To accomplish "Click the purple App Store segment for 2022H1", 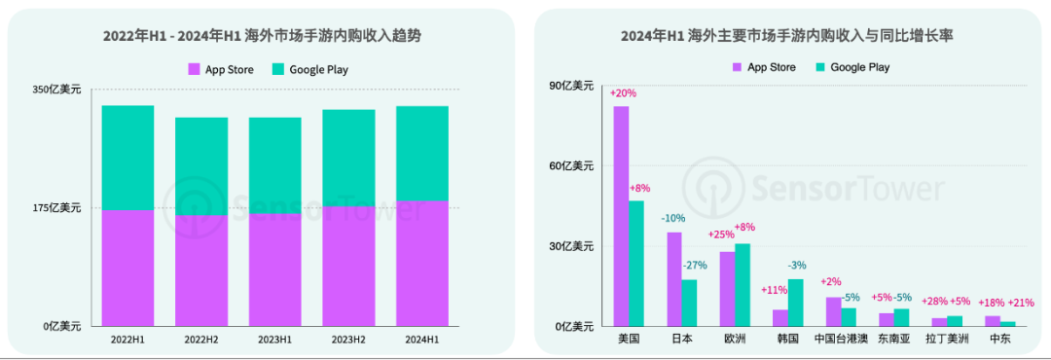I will click(127, 267).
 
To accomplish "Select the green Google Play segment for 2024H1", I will click(421, 153).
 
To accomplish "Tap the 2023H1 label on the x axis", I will click(274, 339).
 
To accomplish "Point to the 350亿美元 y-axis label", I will click(57, 90).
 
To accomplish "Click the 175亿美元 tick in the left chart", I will click(57, 207).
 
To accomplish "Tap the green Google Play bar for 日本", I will click(689, 303).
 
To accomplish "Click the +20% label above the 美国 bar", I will click(623, 93).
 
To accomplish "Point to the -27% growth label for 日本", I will click(694, 266).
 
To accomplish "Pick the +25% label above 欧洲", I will click(721, 234).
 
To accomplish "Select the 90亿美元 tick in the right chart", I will click(572, 86).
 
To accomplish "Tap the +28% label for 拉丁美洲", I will click(934, 302).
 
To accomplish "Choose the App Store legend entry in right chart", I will click(764, 67).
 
